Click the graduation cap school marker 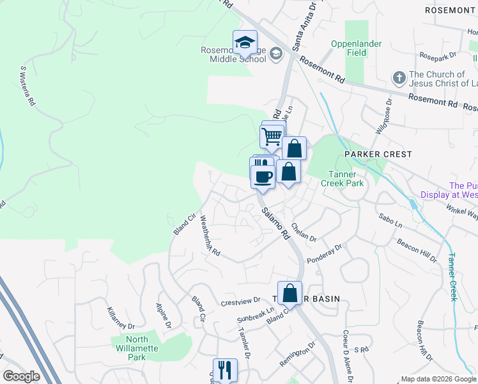tap(245, 42)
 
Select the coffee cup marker tap(263, 175)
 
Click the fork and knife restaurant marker tap(225, 370)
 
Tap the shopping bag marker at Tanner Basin tap(289, 293)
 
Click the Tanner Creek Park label tap(346, 179)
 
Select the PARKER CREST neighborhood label tap(378, 154)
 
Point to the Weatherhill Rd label tap(210, 236)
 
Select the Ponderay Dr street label tap(325, 252)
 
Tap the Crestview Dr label tap(240, 300)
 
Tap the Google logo tap(21, 376)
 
